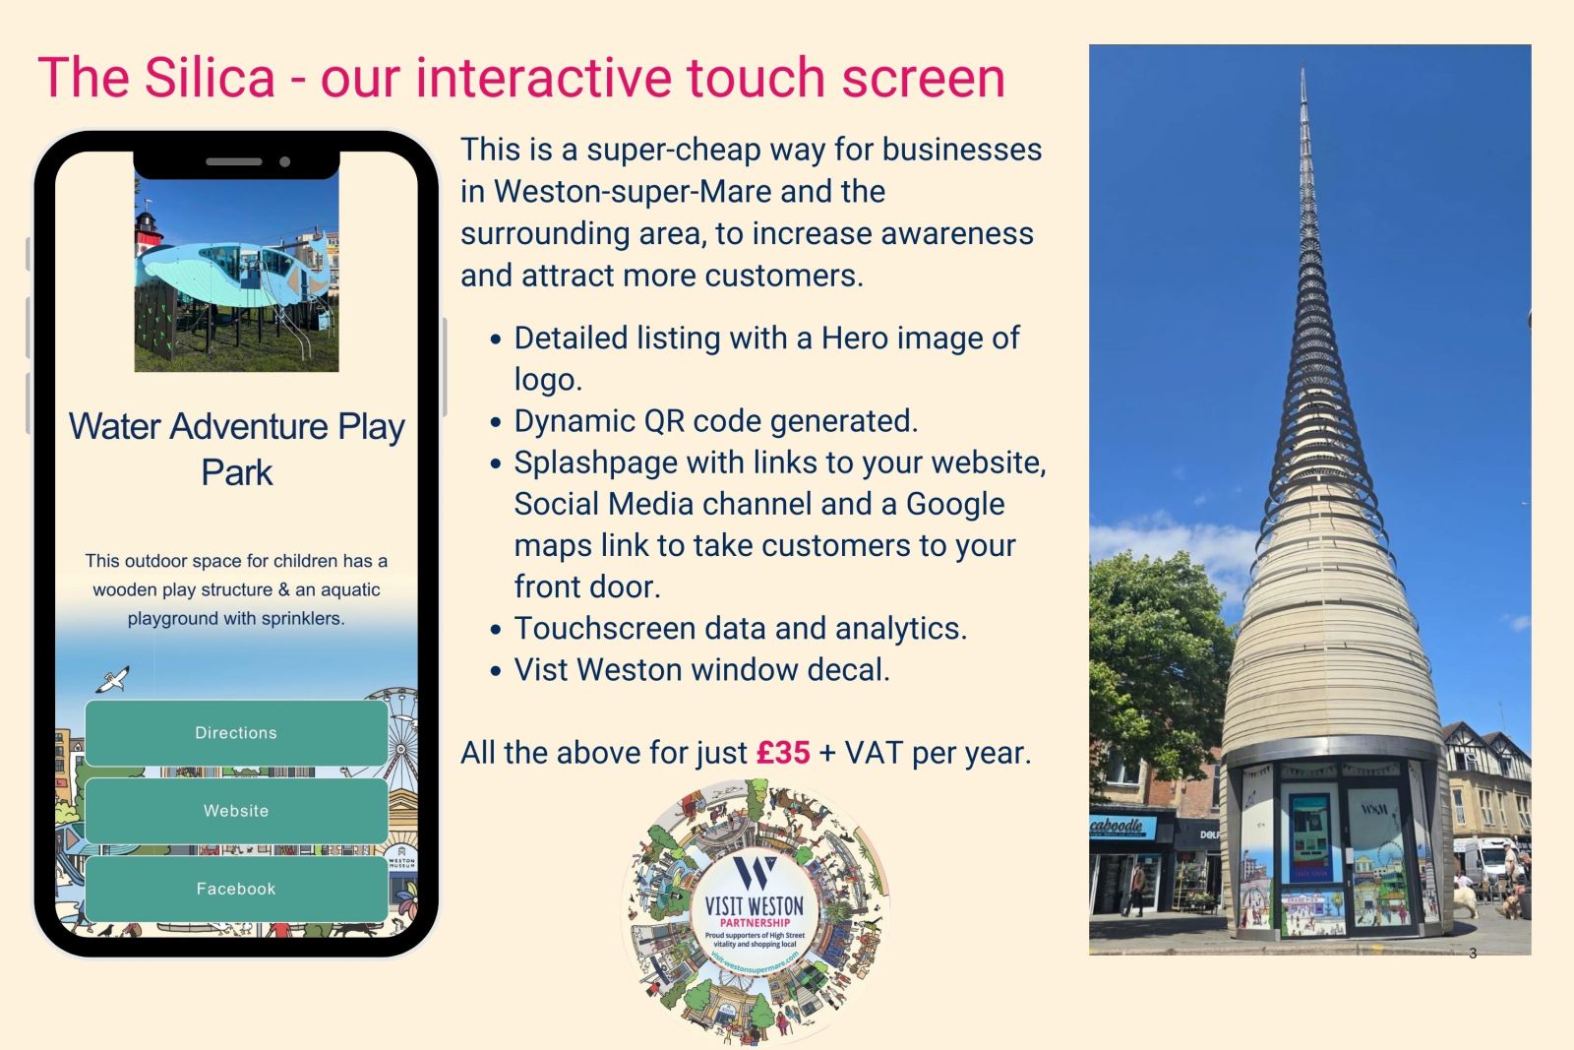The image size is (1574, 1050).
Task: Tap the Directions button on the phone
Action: click(x=236, y=733)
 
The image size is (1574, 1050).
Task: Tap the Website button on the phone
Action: click(x=236, y=811)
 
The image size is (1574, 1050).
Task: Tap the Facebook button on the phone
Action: click(x=236, y=889)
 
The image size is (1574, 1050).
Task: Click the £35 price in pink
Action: click(x=783, y=753)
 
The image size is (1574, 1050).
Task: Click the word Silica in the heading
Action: click(x=211, y=78)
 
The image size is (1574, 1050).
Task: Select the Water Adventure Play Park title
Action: click(x=237, y=449)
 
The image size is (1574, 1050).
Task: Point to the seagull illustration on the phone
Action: click(x=115, y=678)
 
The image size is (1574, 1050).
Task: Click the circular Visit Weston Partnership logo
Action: click(x=756, y=910)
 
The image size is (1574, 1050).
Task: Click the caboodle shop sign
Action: click(x=1118, y=826)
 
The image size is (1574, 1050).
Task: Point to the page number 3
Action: click(x=1472, y=953)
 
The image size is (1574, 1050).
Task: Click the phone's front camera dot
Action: click(x=285, y=161)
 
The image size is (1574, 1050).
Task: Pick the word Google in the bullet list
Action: click(x=954, y=504)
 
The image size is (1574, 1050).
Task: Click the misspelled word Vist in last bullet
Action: click(x=540, y=670)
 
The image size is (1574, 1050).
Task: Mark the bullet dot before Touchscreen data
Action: click(x=497, y=630)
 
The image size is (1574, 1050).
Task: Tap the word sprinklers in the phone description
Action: click(x=293, y=619)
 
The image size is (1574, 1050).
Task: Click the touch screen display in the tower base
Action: click(x=1309, y=836)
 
